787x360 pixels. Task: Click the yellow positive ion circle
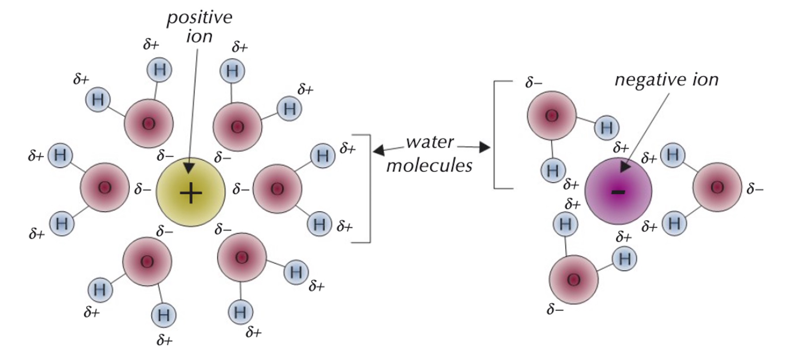191,192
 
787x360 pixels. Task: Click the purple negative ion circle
618,191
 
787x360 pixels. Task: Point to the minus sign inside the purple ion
618,192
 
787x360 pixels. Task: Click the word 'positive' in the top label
199,18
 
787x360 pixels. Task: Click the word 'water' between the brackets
430,142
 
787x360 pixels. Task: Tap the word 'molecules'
429,165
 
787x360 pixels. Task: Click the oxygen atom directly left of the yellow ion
105,187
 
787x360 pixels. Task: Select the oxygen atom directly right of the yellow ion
277,189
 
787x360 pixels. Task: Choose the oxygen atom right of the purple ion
717,187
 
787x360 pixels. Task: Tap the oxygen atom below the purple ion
573,279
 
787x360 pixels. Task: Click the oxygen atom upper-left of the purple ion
551,116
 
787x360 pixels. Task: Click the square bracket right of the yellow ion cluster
369,188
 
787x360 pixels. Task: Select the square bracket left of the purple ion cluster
495,135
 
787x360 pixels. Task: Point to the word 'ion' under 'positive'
199,37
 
